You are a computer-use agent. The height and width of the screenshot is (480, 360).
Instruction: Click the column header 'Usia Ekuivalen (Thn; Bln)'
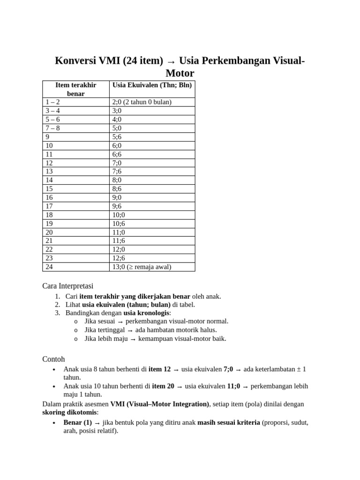tap(152, 85)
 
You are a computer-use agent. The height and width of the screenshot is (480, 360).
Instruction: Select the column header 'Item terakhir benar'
tap(75, 89)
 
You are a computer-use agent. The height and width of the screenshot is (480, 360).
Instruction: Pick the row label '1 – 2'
tap(52, 102)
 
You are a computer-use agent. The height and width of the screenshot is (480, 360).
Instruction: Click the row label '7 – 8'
tap(52, 128)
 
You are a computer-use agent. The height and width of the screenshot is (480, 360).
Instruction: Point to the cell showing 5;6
tap(117, 137)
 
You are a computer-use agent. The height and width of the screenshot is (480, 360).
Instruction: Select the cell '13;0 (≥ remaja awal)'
tap(142, 267)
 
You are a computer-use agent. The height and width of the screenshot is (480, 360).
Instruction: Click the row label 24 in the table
tap(49, 267)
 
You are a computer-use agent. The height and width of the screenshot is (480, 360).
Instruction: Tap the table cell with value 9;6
tap(117, 206)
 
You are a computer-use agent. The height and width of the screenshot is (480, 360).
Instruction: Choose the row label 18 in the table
tap(49, 215)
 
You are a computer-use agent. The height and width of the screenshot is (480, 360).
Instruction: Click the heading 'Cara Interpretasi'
tap(68, 285)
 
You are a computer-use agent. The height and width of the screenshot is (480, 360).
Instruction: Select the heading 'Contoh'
tap(54, 359)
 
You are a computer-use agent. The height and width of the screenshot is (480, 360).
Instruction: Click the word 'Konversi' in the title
tap(75, 61)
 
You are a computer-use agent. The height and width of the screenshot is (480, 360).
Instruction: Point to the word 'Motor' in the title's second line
tap(180, 74)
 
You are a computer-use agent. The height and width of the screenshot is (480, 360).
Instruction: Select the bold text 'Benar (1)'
tap(78, 422)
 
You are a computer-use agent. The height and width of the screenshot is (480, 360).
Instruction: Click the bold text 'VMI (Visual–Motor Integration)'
tap(159, 404)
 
